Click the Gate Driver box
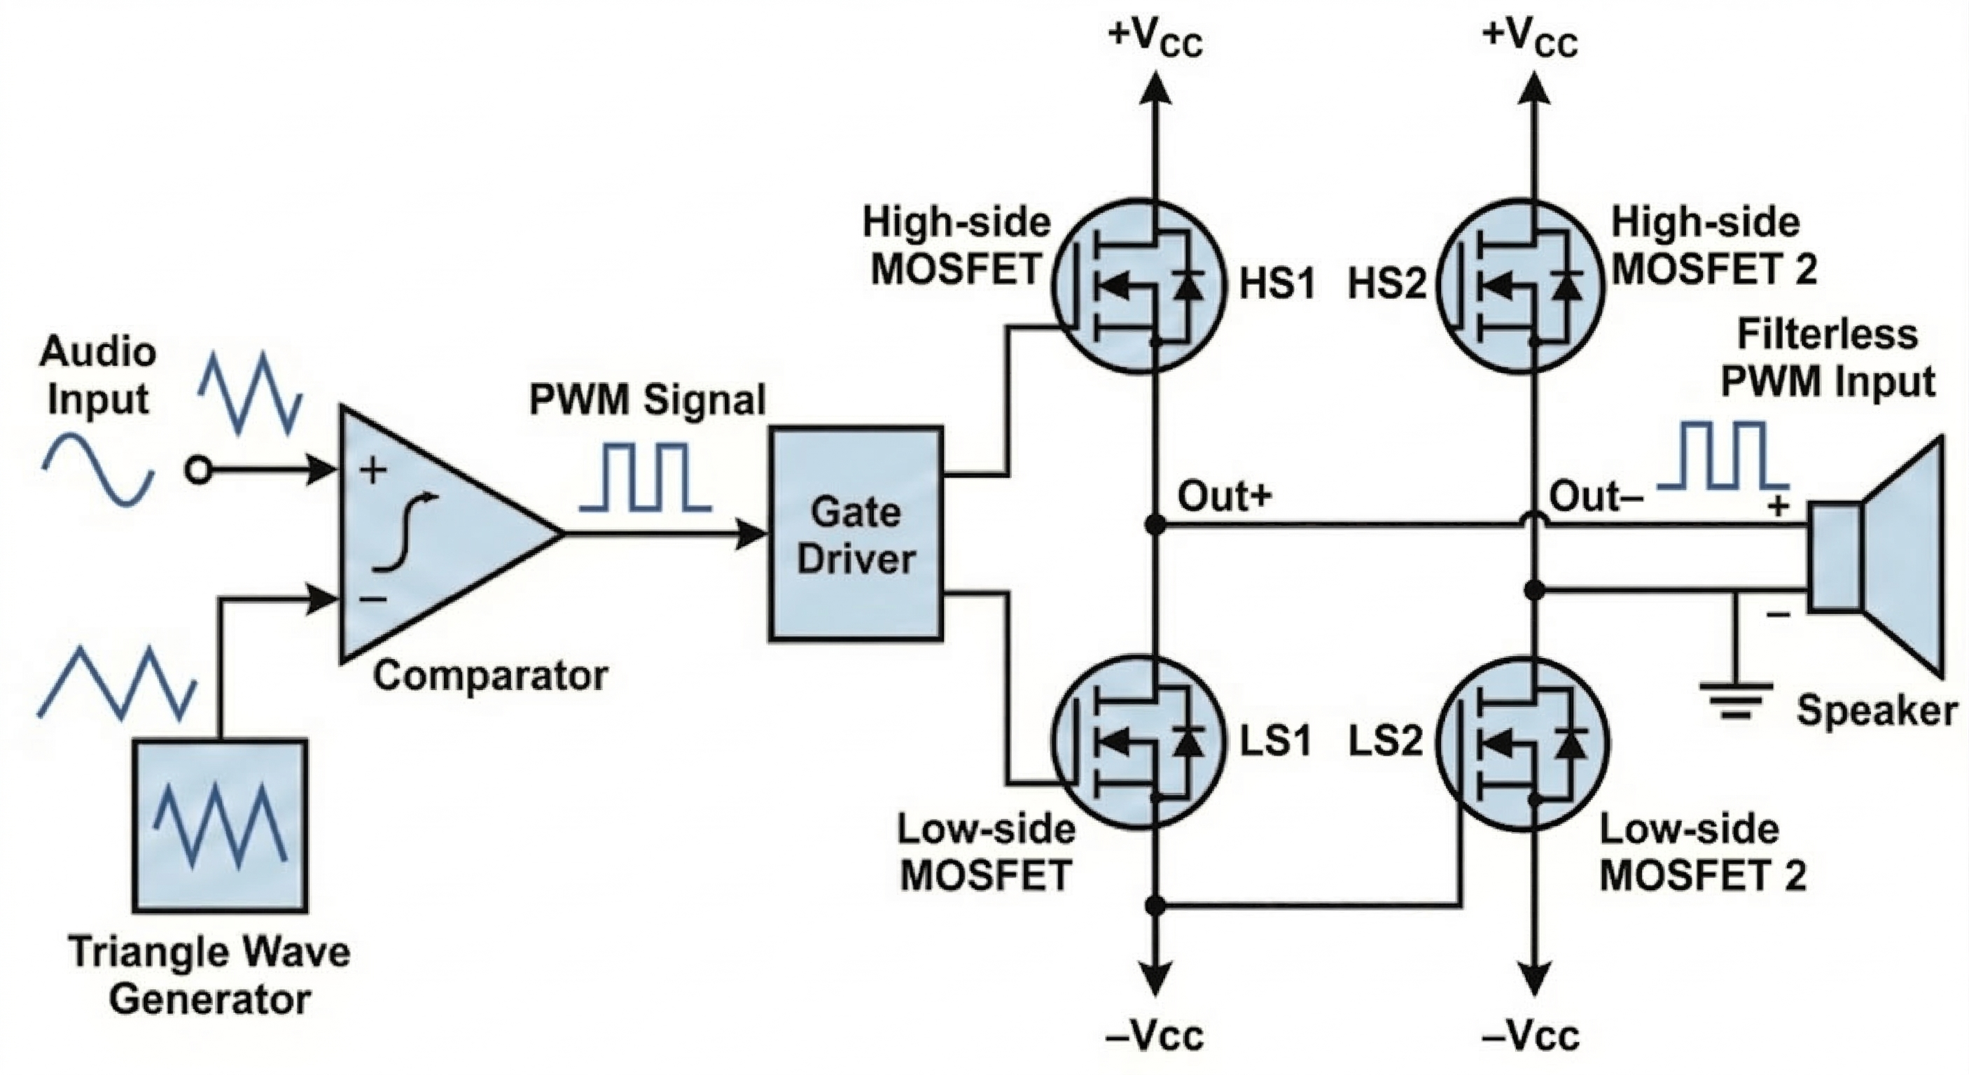[x=856, y=533]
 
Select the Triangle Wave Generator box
[x=220, y=825]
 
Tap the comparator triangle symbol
[x=436, y=535]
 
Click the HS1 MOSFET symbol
[x=1139, y=286]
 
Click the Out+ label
[x=1225, y=497]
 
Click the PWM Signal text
[x=647, y=400]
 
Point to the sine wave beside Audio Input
[x=98, y=469]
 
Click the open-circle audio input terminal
[x=198, y=470]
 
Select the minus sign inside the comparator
[x=373, y=599]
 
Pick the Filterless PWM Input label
[x=1827, y=358]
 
